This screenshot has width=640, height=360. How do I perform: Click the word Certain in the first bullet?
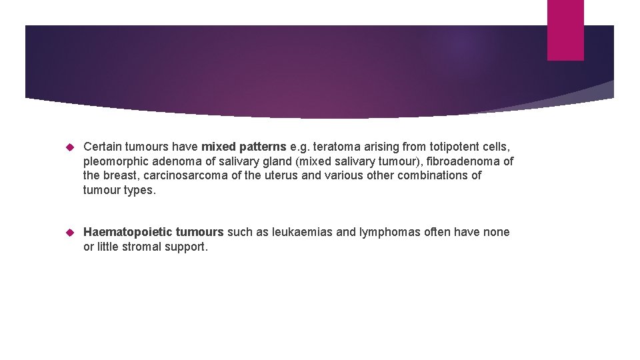coord(103,147)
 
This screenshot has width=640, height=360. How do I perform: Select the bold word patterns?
coord(262,147)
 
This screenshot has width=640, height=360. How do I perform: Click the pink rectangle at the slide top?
coord(565,29)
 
